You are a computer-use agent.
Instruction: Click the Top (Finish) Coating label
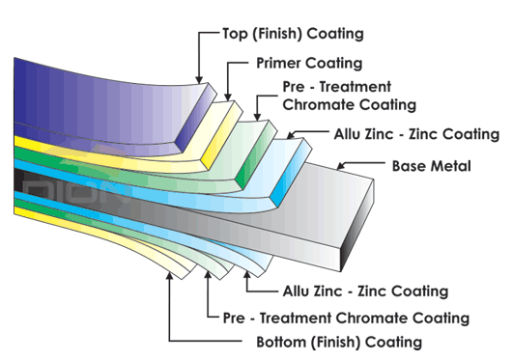(279, 34)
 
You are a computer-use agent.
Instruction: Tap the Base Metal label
(431, 166)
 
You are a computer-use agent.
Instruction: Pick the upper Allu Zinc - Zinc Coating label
(415, 134)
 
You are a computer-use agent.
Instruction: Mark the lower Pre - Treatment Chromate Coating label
(346, 317)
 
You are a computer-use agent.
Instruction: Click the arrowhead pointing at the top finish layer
(198, 80)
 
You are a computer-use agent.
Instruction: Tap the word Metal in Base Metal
(451, 166)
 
